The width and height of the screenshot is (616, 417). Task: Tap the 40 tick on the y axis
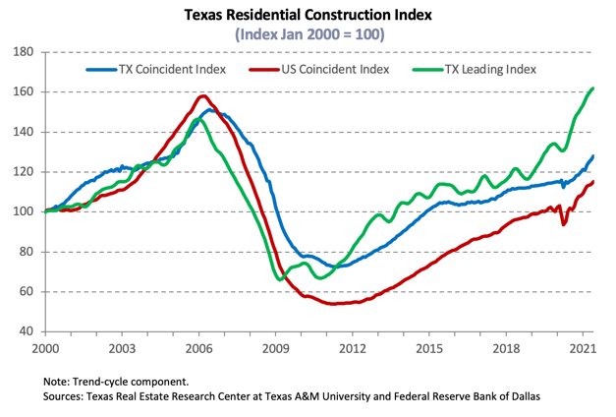tap(26, 331)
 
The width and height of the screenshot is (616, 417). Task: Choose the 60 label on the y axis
tap(26, 291)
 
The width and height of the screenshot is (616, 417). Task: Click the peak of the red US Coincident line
tap(202, 96)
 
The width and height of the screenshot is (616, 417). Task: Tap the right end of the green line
tap(592, 89)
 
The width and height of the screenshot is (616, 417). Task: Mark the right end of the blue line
tap(592, 156)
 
